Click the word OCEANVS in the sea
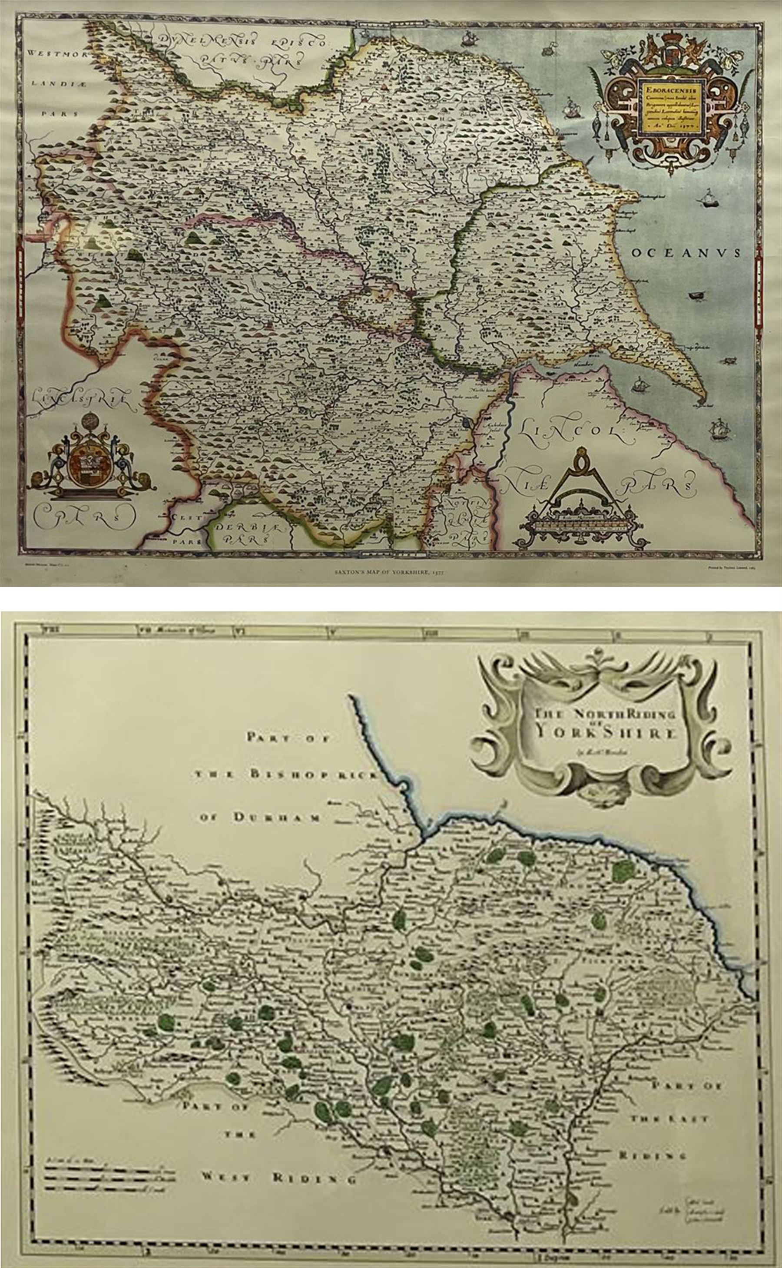tap(686, 252)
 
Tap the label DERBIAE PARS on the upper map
tap(243, 533)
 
